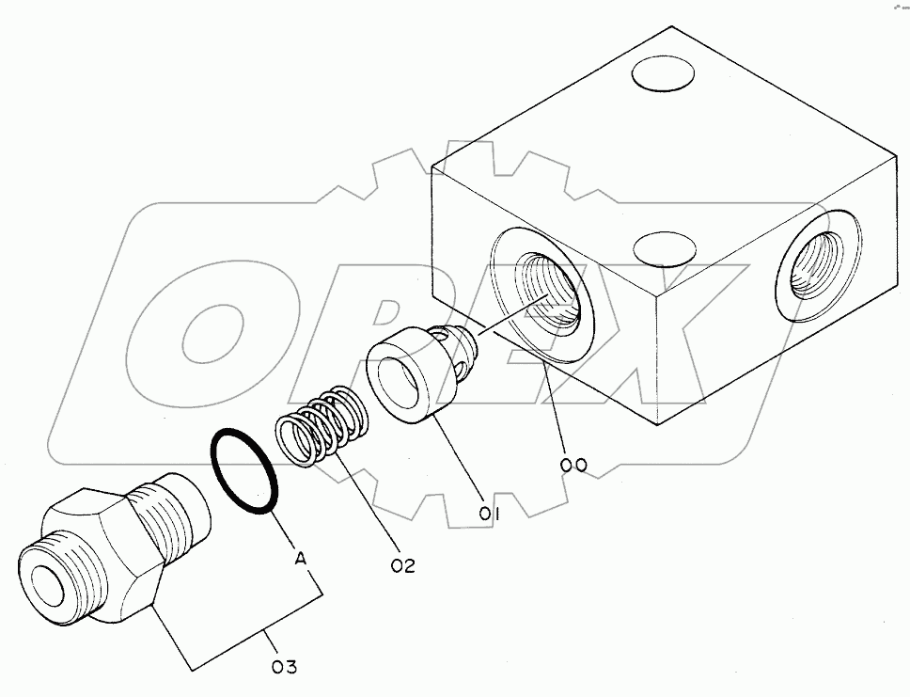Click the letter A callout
[x=301, y=558]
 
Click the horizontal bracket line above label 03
[x=263, y=650]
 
